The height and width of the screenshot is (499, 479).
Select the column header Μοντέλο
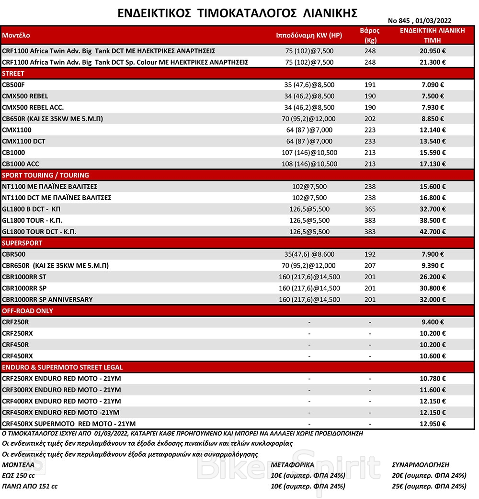(16, 36)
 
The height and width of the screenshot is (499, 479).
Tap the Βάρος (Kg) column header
(369, 35)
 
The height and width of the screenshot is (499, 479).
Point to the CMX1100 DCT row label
(24, 141)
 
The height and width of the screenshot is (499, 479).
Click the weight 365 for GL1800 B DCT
(370, 209)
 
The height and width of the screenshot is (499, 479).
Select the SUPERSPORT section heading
(22, 243)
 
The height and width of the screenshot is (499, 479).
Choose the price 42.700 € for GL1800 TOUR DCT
(433, 232)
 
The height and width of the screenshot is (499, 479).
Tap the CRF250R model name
(15, 322)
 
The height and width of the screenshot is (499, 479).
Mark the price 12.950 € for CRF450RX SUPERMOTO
(433, 424)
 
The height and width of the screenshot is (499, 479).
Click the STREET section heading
(13, 73)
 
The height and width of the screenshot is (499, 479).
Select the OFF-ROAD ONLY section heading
(28, 310)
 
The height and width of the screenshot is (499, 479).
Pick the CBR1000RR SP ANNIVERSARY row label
(47, 299)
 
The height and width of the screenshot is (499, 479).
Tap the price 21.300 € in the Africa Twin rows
(433, 62)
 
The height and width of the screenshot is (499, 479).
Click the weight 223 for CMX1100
(370, 130)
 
